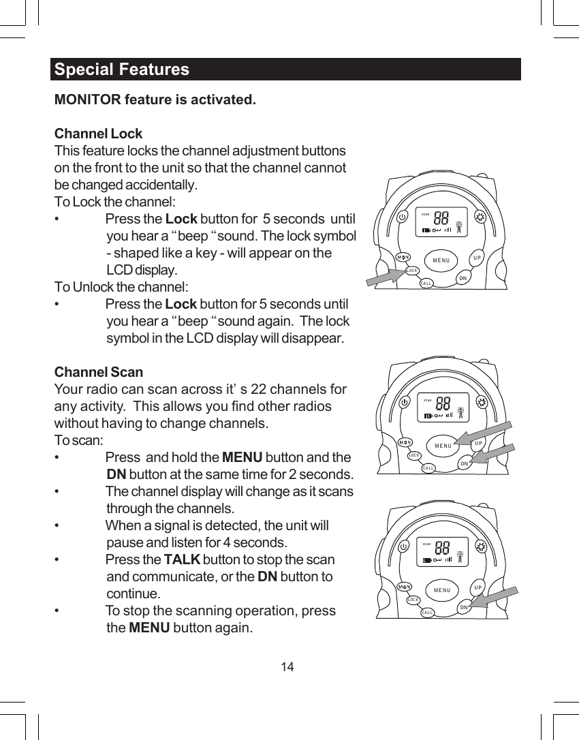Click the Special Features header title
(122, 70)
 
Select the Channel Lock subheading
(98, 133)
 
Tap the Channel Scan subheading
(99, 372)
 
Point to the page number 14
(288, 666)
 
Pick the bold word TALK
(182, 560)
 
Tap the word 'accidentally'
(163, 185)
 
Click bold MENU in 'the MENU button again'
(149, 628)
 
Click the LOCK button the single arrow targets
(411, 271)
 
